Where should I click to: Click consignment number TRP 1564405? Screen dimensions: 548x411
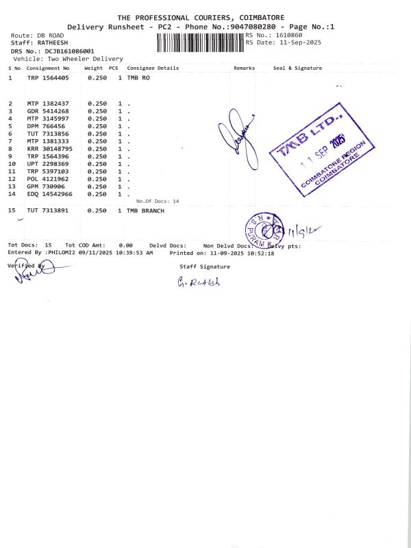(x=48, y=78)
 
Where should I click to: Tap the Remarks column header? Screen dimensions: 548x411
(x=244, y=68)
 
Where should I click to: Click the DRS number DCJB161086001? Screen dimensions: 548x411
(x=70, y=51)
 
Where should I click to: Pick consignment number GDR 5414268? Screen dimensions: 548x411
(x=48, y=111)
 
